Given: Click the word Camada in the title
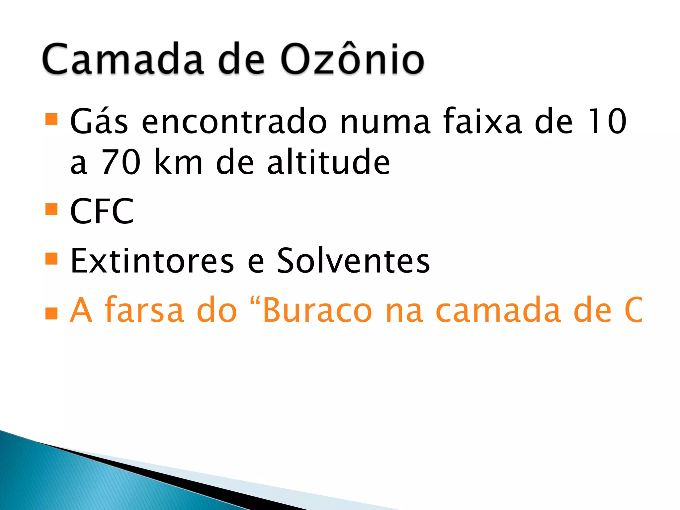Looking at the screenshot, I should coord(123,59).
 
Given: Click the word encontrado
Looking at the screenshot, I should coord(234,122).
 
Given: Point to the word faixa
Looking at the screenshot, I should coord(483,122).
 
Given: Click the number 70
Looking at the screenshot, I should coord(121,162).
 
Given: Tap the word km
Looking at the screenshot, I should coord(178,162).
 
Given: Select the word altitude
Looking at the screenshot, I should coord(328,162).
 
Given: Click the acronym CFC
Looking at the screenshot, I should coord(102,211).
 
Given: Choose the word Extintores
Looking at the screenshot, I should coord(152,261).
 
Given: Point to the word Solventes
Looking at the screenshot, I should coord(353,261).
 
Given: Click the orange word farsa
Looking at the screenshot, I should coord(144,310).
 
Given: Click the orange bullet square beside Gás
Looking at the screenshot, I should coord(51,119).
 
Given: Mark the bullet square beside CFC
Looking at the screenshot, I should coord(51,209).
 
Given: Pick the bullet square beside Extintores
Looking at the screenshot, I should coord(51,259).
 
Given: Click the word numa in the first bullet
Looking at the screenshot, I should coord(385,122).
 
